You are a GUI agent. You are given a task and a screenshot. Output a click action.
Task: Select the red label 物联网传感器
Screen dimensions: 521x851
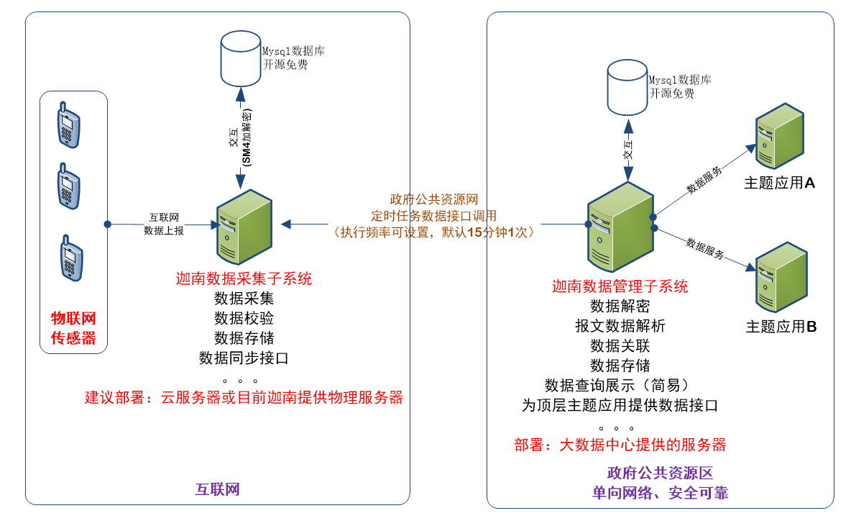73,328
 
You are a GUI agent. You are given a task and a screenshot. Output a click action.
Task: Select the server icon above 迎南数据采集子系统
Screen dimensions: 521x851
244,228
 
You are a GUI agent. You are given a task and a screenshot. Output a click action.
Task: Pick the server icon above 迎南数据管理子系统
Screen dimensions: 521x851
620,227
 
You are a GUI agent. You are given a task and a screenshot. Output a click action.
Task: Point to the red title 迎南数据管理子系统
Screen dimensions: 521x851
620,286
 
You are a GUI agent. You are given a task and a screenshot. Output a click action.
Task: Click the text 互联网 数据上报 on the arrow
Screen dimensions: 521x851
164,224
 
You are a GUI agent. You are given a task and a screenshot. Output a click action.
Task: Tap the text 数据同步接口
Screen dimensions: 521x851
244,358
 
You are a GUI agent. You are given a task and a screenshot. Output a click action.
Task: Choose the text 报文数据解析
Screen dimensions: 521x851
620,326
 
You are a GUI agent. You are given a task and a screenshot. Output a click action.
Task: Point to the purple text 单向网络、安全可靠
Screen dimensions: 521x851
660,493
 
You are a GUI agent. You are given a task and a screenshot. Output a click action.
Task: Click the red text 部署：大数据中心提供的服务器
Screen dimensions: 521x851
620,445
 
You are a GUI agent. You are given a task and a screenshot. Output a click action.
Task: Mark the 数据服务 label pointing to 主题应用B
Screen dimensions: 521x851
704,248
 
